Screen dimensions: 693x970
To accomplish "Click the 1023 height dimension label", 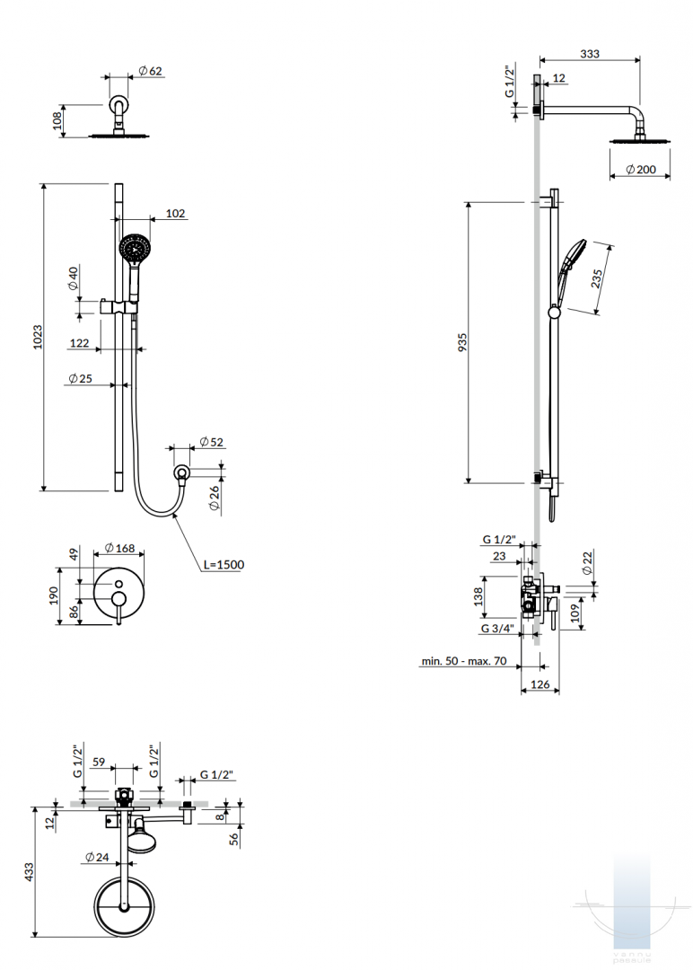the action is tap(39, 337).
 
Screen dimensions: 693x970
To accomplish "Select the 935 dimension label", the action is tap(463, 343).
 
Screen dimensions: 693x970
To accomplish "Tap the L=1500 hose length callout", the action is tap(224, 564).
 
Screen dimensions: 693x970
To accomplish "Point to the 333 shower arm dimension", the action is tap(590, 54).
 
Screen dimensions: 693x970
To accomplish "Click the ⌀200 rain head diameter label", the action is tap(640, 169).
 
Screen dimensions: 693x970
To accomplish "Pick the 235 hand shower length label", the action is tap(597, 278).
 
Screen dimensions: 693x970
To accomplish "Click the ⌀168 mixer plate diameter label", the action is tap(119, 548).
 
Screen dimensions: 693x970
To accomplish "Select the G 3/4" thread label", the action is tap(497, 629).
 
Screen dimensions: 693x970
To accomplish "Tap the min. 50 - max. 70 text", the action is tap(464, 661).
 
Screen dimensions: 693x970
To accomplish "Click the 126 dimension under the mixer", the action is tap(540, 684).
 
